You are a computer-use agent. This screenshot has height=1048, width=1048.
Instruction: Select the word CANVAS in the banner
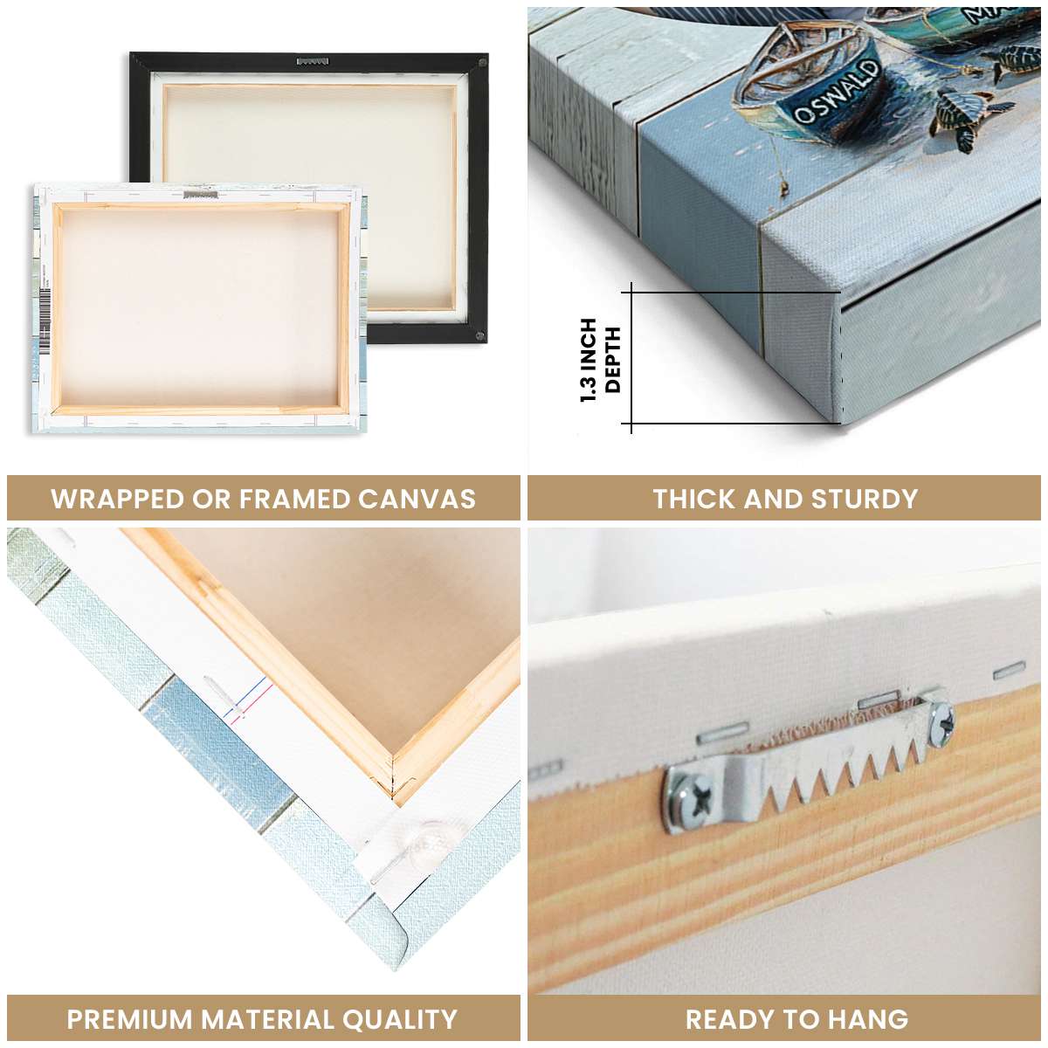coord(417,499)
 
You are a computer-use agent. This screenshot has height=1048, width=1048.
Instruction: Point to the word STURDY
coord(865,499)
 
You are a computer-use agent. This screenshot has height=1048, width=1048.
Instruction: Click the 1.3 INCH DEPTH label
coord(600,360)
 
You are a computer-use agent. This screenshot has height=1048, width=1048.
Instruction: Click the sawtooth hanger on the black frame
coord(314,61)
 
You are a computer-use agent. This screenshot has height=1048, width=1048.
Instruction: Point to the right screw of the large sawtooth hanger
coord(941,722)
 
